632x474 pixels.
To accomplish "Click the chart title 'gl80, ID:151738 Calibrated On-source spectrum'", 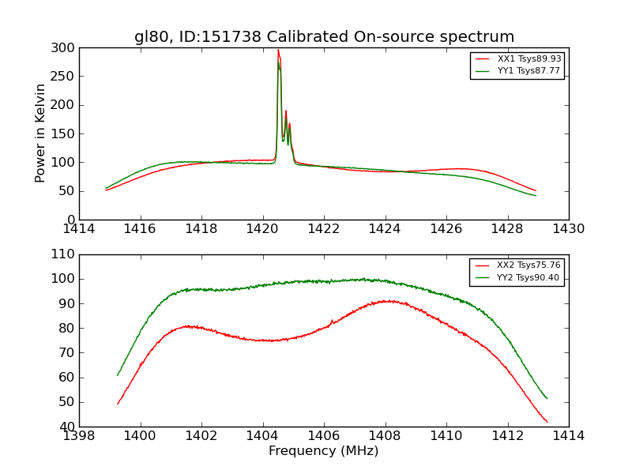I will click(x=324, y=37).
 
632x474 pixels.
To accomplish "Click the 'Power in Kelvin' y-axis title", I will click(x=40, y=134).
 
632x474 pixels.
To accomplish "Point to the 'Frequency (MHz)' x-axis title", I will click(x=324, y=451).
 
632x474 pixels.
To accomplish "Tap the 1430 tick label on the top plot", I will click(x=569, y=229).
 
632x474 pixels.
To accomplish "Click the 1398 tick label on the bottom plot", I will click(x=79, y=435).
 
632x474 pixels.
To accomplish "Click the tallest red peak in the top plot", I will click(x=278, y=50).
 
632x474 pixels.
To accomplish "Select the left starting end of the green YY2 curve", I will click(x=118, y=375).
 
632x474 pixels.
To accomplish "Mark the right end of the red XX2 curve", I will click(x=547, y=422).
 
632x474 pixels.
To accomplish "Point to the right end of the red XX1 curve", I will click(x=536, y=190).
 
